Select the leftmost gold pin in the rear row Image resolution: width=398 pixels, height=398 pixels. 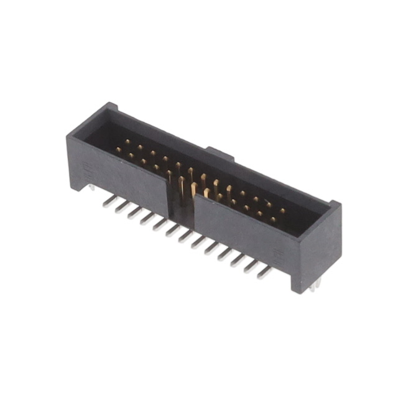tap(127, 142)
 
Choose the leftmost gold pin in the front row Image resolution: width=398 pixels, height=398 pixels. tap(117, 150)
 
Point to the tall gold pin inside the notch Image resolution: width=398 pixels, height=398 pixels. tap(182, 187)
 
